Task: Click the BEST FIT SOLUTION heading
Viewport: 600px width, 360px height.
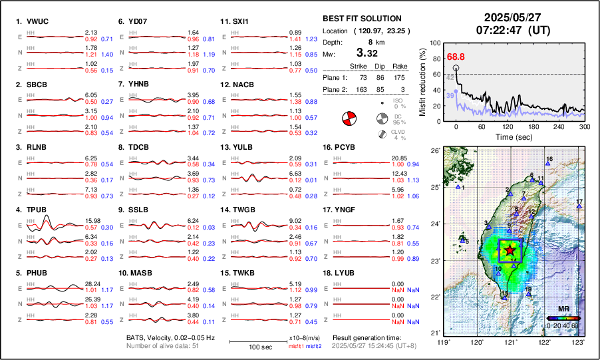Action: click(362, 19)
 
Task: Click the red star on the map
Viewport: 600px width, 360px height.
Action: click(510, 250)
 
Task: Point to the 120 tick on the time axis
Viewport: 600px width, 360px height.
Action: click(508, 126)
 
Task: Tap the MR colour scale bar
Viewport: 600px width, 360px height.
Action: click(563, 319)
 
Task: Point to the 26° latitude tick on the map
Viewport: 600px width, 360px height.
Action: click(433, 151)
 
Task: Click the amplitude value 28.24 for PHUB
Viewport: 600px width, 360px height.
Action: click(92, 283)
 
